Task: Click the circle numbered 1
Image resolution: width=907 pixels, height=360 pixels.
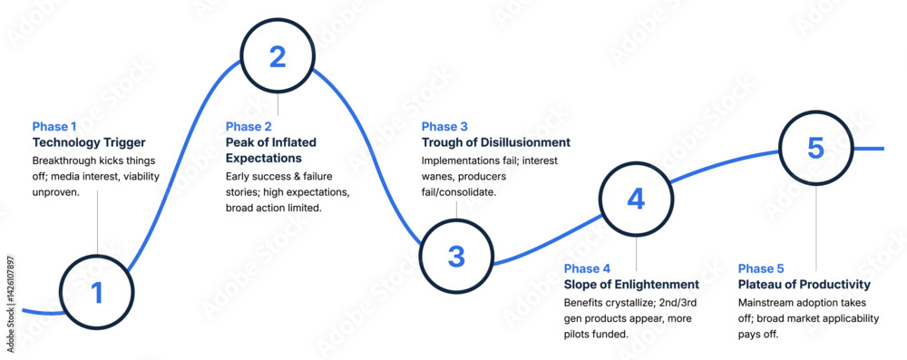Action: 97,292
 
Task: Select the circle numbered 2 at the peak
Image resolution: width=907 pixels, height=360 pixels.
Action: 278,57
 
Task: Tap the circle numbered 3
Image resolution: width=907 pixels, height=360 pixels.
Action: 456,257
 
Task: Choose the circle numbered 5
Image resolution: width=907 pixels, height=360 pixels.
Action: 815,148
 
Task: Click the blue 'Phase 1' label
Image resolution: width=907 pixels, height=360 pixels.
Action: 56,126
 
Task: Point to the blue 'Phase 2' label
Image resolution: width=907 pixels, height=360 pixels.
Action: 249,126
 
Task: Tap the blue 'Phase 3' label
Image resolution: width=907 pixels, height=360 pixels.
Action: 445,126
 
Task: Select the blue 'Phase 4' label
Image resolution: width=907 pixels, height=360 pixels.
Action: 587,268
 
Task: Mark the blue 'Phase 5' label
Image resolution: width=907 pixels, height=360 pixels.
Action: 762,268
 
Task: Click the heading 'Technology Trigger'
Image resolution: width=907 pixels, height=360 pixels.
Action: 89,143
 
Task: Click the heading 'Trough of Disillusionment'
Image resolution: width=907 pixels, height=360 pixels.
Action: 496,143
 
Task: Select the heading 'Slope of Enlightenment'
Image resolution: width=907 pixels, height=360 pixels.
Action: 631,285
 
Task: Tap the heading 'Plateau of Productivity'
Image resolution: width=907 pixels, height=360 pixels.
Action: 805,285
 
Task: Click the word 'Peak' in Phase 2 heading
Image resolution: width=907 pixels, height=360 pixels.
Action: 241,143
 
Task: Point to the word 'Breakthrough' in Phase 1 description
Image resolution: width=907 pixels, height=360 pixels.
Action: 65,161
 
